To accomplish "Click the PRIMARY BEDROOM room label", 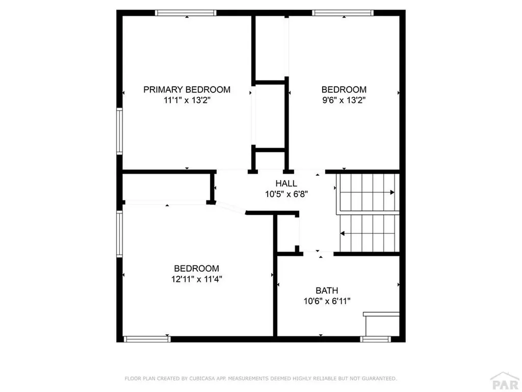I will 187,90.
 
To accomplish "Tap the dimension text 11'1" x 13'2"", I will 187,101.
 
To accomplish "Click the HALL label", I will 286,184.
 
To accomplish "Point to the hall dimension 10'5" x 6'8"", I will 286,194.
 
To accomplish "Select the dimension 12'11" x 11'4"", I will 197,279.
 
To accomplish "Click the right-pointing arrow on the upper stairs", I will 391,192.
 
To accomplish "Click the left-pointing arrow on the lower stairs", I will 343,234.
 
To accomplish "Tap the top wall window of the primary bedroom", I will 186,13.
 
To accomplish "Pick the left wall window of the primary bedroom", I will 119,131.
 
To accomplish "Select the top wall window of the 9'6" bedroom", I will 343,13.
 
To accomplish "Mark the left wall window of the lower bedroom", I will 119,234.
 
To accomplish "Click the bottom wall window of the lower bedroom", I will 147,338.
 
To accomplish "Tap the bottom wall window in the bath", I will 376,338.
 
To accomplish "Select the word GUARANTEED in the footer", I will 378,379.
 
